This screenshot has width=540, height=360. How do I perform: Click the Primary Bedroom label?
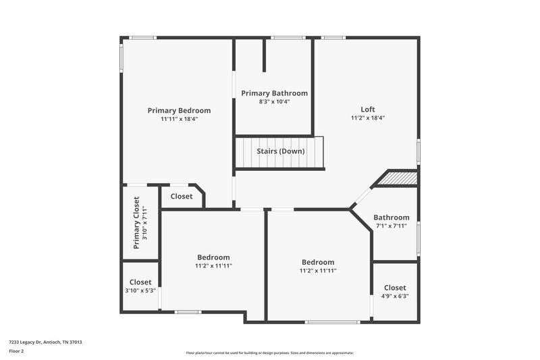[179, 111]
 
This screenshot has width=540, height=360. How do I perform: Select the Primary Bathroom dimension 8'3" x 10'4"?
[274, 102]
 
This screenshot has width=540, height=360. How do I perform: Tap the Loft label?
[367, 109]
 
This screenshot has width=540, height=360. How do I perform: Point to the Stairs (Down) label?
[280, 151]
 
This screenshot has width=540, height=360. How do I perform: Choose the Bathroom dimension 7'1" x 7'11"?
[392, 226]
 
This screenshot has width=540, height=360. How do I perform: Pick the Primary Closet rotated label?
[136, 224]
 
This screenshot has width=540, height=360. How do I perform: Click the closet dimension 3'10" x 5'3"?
[140, 290]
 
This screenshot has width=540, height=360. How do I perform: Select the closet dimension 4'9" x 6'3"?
[395, 296]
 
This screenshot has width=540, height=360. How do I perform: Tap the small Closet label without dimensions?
[181, 197]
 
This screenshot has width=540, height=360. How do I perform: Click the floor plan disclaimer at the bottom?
[269, 353]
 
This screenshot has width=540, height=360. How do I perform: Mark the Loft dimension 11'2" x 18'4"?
[367, 118]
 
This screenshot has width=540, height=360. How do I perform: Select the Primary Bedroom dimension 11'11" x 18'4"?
[179, 119]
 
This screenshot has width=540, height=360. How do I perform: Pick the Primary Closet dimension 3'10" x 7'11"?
[144, 224]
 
